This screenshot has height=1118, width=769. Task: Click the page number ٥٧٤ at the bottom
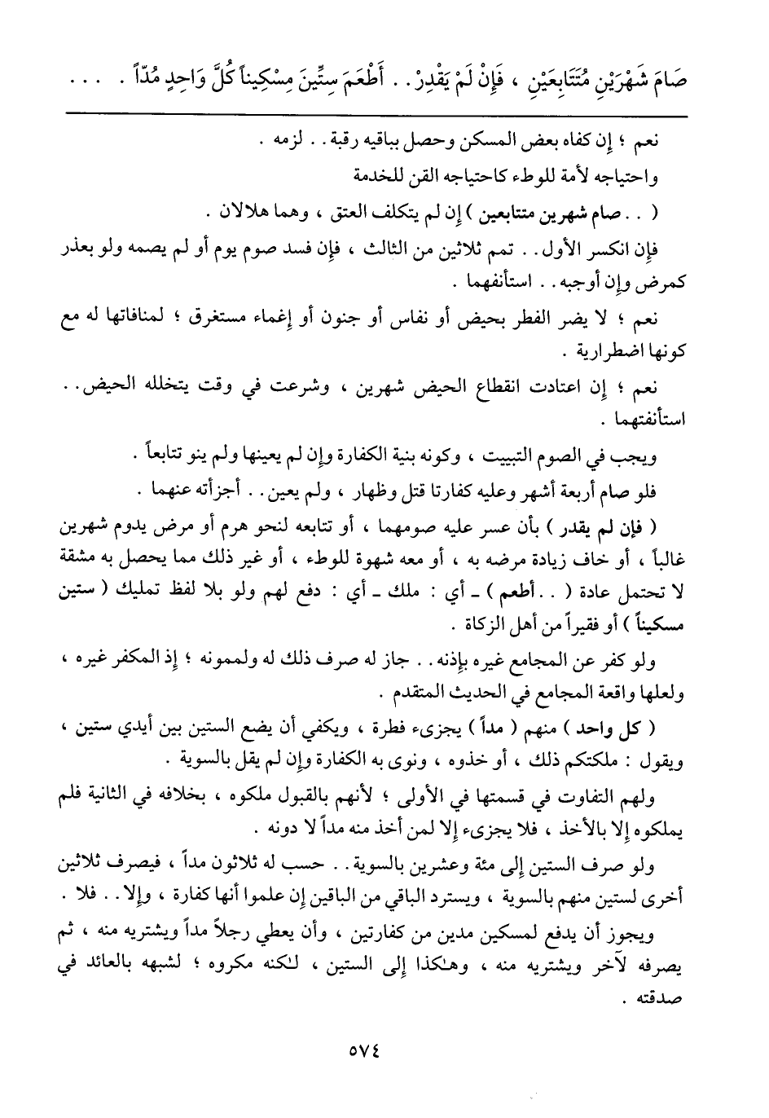pyautogui.click(x=384, y=1050)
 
